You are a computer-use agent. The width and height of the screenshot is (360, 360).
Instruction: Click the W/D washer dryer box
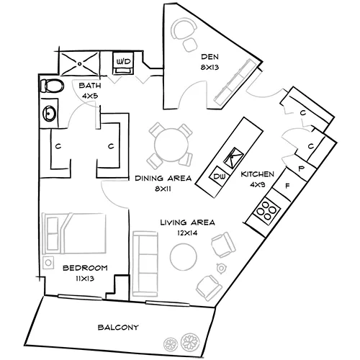tap(124, 63)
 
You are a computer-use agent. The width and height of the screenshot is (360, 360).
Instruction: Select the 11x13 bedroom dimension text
tap(85, 277)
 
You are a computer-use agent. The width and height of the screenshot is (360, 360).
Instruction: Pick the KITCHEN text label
tap(257, 174)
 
